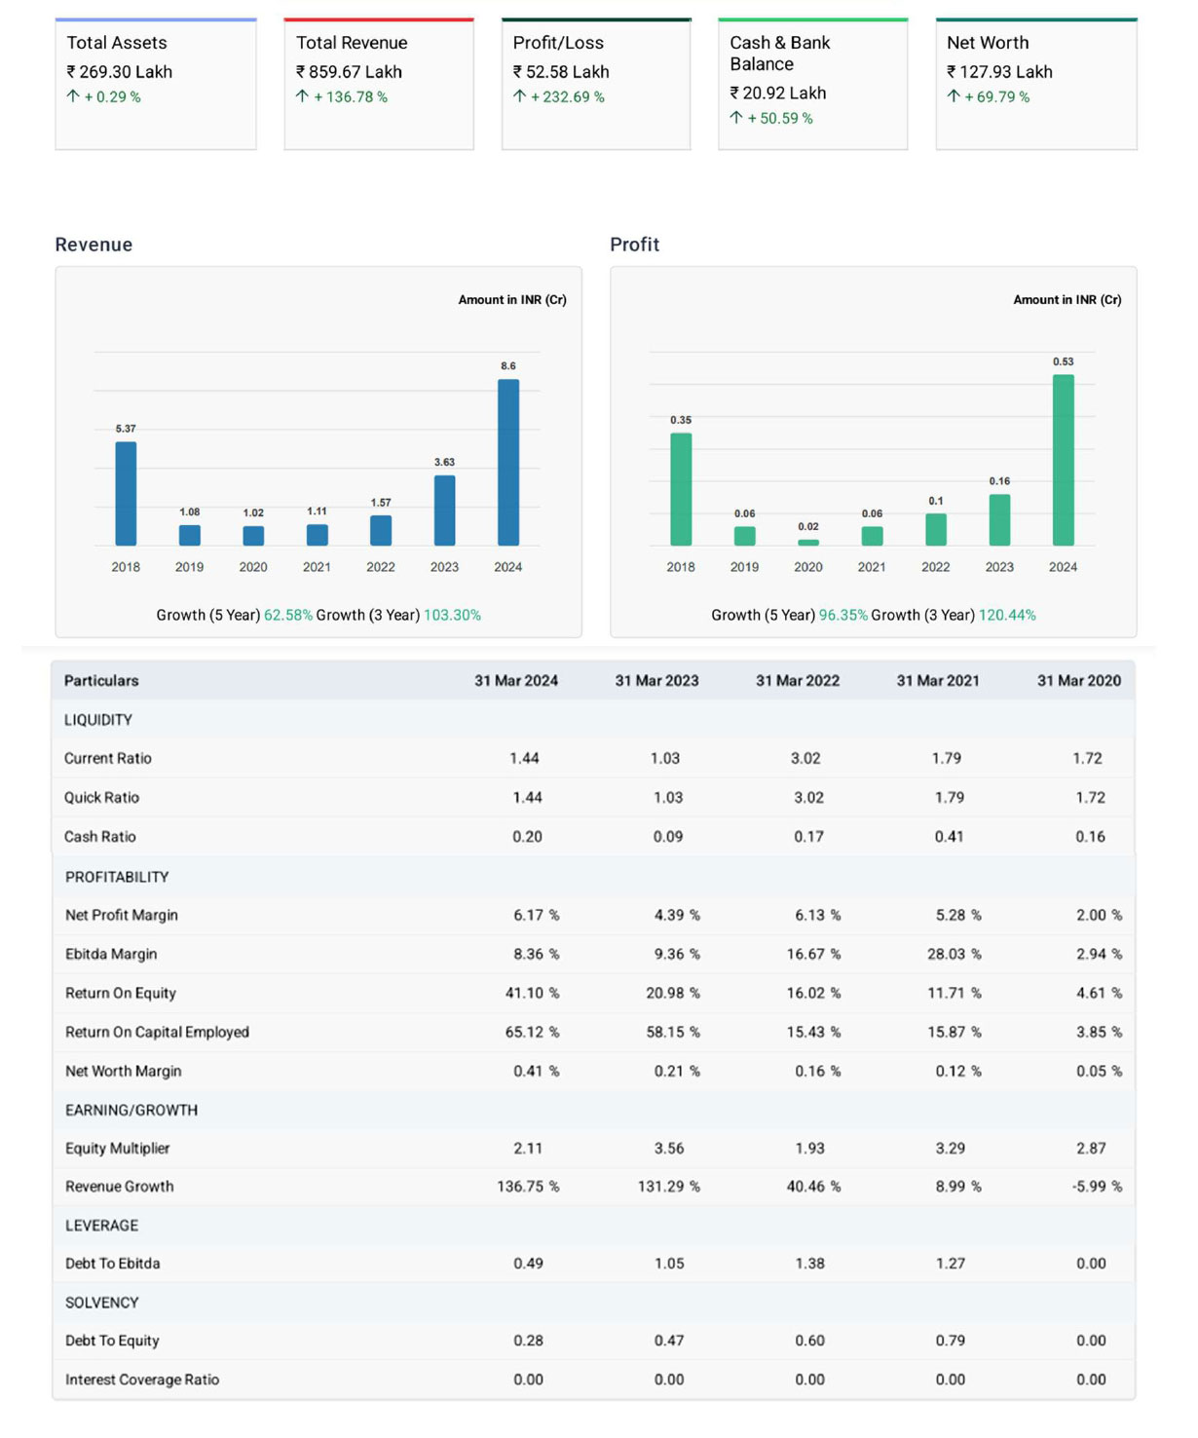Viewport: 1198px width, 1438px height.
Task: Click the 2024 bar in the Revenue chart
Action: click(507, 462)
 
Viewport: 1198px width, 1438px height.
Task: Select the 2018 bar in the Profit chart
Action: click(681, 489)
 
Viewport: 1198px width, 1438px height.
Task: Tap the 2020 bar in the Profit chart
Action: click(808, 542)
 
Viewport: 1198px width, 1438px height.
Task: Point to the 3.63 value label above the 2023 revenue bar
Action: click(444, 462)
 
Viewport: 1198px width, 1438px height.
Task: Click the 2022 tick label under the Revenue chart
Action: click(381, 567)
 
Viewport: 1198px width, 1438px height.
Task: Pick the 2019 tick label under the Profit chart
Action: click(744, 567)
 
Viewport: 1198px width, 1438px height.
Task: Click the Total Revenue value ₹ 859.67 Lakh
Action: click(349, 72)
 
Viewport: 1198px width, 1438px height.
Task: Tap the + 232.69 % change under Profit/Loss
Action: click(567, 97)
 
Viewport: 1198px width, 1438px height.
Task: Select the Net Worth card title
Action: click(988, 43)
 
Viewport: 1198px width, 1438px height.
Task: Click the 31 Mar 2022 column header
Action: click(797, 681)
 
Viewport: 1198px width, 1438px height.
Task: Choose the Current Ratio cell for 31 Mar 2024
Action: click(524, 758)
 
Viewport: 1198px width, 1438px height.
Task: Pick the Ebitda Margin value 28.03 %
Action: click(954, 954)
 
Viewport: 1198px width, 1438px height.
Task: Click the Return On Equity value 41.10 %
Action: click(532, 993)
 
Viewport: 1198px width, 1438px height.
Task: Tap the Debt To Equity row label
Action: click(112, 1341)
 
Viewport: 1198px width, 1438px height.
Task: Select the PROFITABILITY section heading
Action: click(117, 877)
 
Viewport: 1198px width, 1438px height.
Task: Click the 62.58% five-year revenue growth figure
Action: click(287, 616)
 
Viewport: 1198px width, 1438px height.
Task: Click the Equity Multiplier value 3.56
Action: click(669, 1149)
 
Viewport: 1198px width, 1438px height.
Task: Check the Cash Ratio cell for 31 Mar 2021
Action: click(950, 837)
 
